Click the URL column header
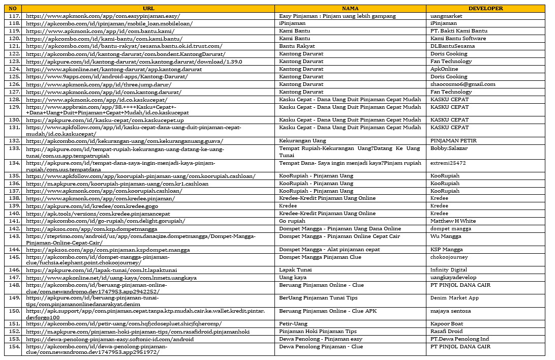coord(148,8)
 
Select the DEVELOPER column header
coord(485,8)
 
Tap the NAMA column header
coord(350,8)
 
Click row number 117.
coord(13,16)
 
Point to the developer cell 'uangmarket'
coord(446,16)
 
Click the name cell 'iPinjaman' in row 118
coord(293,23)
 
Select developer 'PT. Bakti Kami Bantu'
coord(458,31)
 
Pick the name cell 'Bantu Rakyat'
coord(296,46)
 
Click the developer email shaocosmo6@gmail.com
coord(462,84)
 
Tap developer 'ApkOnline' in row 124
coord(444,69)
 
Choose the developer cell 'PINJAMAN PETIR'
coord(453,141)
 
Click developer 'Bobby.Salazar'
coord(449,148)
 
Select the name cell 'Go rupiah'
coord(292,221)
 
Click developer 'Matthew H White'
coord(453,221)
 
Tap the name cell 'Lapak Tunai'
coord(295,270)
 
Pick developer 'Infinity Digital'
coord(449,270)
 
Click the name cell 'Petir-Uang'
coord(293,324)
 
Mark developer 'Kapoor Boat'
coord(447,324)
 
